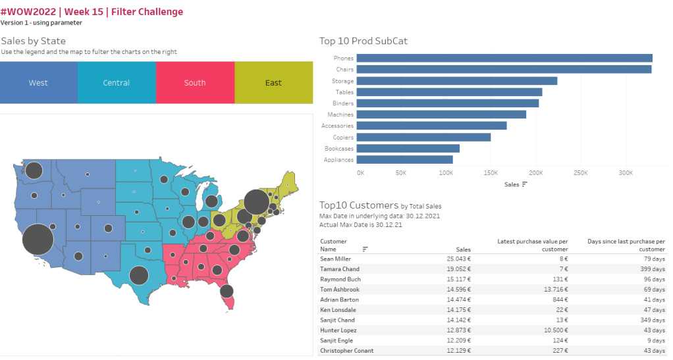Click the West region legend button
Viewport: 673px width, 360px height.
[x=38, y=83]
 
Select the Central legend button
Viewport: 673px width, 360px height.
[x=117, y=83]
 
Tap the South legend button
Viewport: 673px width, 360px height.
[x=195, y=83]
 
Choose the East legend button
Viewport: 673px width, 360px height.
[x=273, y=83]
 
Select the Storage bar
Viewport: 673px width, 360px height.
[x=457, y=81]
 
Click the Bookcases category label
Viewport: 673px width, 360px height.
[x=338, y=149]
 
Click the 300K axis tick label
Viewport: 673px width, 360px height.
[x=626, y=173]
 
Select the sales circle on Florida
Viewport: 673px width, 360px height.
[x=227, y=291]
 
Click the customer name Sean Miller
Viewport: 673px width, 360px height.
[x=336, y=259]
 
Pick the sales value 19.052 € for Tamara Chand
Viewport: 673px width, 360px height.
[x=460, y=269]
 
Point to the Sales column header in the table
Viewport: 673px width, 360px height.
[x=464, y=249]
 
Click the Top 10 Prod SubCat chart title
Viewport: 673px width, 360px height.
[x=363, y=41]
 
